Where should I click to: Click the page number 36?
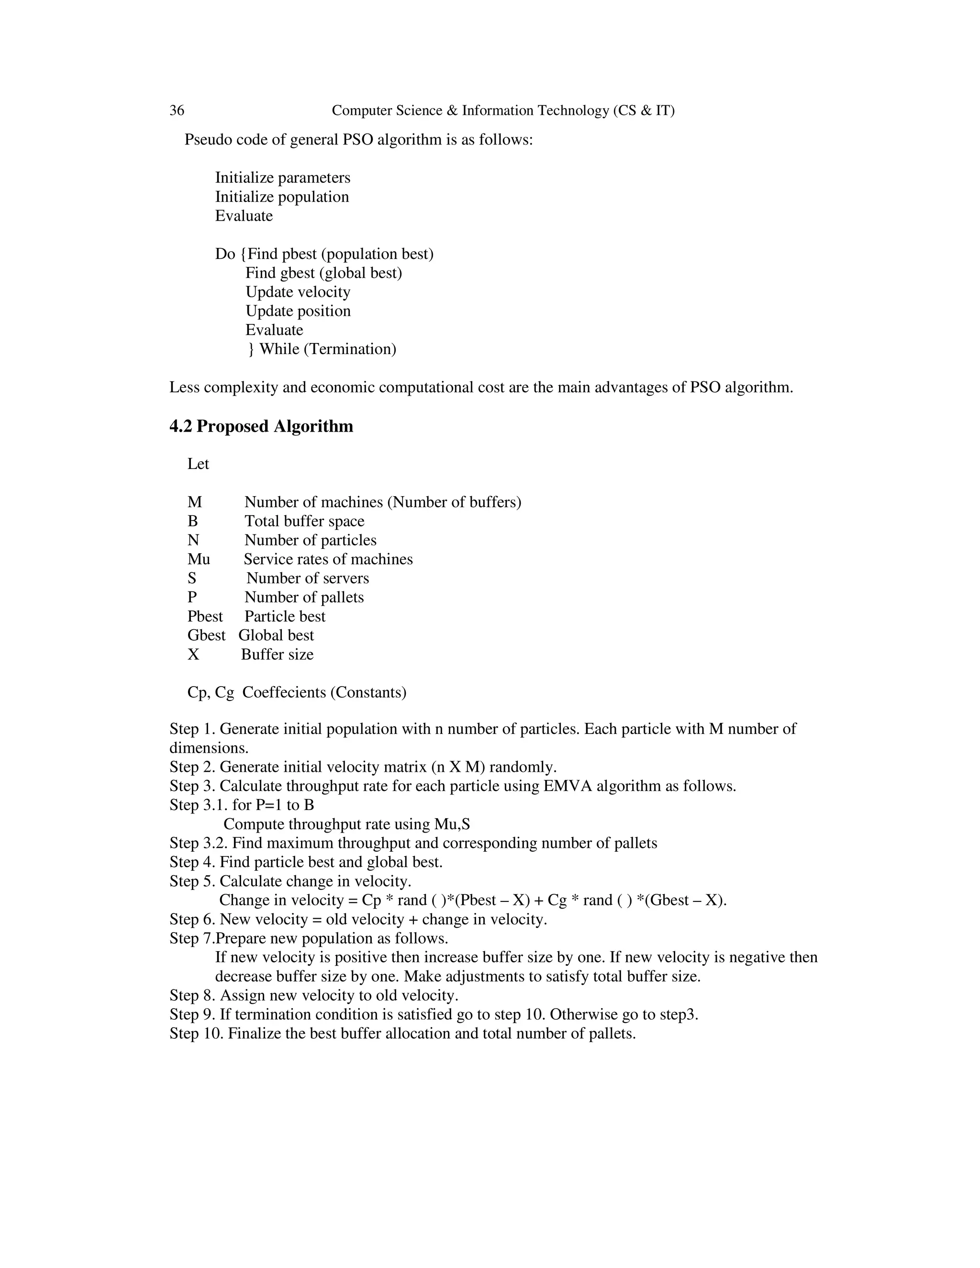177,111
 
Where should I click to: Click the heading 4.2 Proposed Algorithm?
261,426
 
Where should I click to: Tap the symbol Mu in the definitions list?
199,559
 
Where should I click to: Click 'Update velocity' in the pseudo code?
298,292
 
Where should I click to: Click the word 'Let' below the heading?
198,464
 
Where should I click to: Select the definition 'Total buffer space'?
304,522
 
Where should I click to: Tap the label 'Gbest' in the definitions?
206,635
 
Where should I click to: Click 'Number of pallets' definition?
304,598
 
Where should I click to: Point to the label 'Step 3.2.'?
199,843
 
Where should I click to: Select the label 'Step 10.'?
196,1034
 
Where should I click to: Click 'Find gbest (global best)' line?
323,273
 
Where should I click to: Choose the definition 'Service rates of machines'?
328,559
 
